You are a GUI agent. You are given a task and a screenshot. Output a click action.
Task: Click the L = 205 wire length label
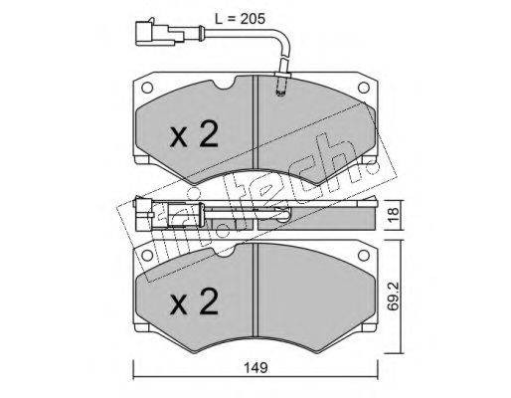pyautogui.click(x=240, y=19)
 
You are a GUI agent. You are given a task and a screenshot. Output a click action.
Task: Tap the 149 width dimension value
pyautogui.click(x=255, y=368)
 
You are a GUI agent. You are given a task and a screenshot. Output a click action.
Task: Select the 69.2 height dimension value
pyautogui.click(x=394, y=297)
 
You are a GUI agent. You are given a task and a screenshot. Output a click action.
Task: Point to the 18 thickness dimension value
pyautogui.click(x=394, y=215)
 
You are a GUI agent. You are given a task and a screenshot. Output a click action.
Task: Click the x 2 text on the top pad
pyautogui.click(x=194, y=134)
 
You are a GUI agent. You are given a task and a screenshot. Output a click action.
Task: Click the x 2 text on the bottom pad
pyautogui.click(x=194, y=301)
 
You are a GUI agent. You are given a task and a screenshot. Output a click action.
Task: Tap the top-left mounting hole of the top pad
pyautogui.click(x=147, y=88)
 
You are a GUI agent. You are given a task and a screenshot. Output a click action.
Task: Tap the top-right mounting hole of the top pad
pyautogui.click(x=364, y=88)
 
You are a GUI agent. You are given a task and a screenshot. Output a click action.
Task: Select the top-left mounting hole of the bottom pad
pyautogui.click(x=147, y=255)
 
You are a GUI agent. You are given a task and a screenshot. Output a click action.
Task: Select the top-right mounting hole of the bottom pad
pyautogui.click(x=364, y=255)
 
